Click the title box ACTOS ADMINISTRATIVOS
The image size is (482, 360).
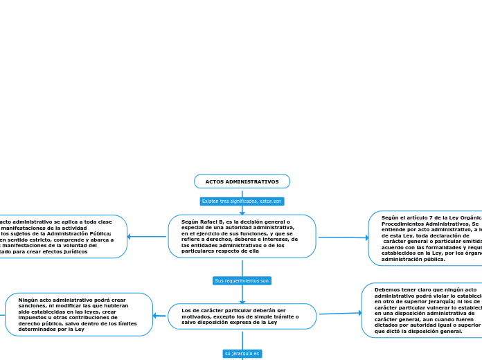point(242,181)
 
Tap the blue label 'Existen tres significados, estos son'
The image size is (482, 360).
point(242,201)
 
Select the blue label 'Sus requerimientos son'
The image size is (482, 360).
point(242,280)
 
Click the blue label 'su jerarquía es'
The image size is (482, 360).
point(242,353)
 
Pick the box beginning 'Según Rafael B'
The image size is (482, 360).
point(242,236)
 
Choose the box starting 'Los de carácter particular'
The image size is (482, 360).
point(242,316)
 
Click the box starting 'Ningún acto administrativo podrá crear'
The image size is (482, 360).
point(78,314)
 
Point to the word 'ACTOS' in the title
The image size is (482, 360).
point(215,181)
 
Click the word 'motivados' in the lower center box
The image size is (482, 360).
point(196,316)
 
